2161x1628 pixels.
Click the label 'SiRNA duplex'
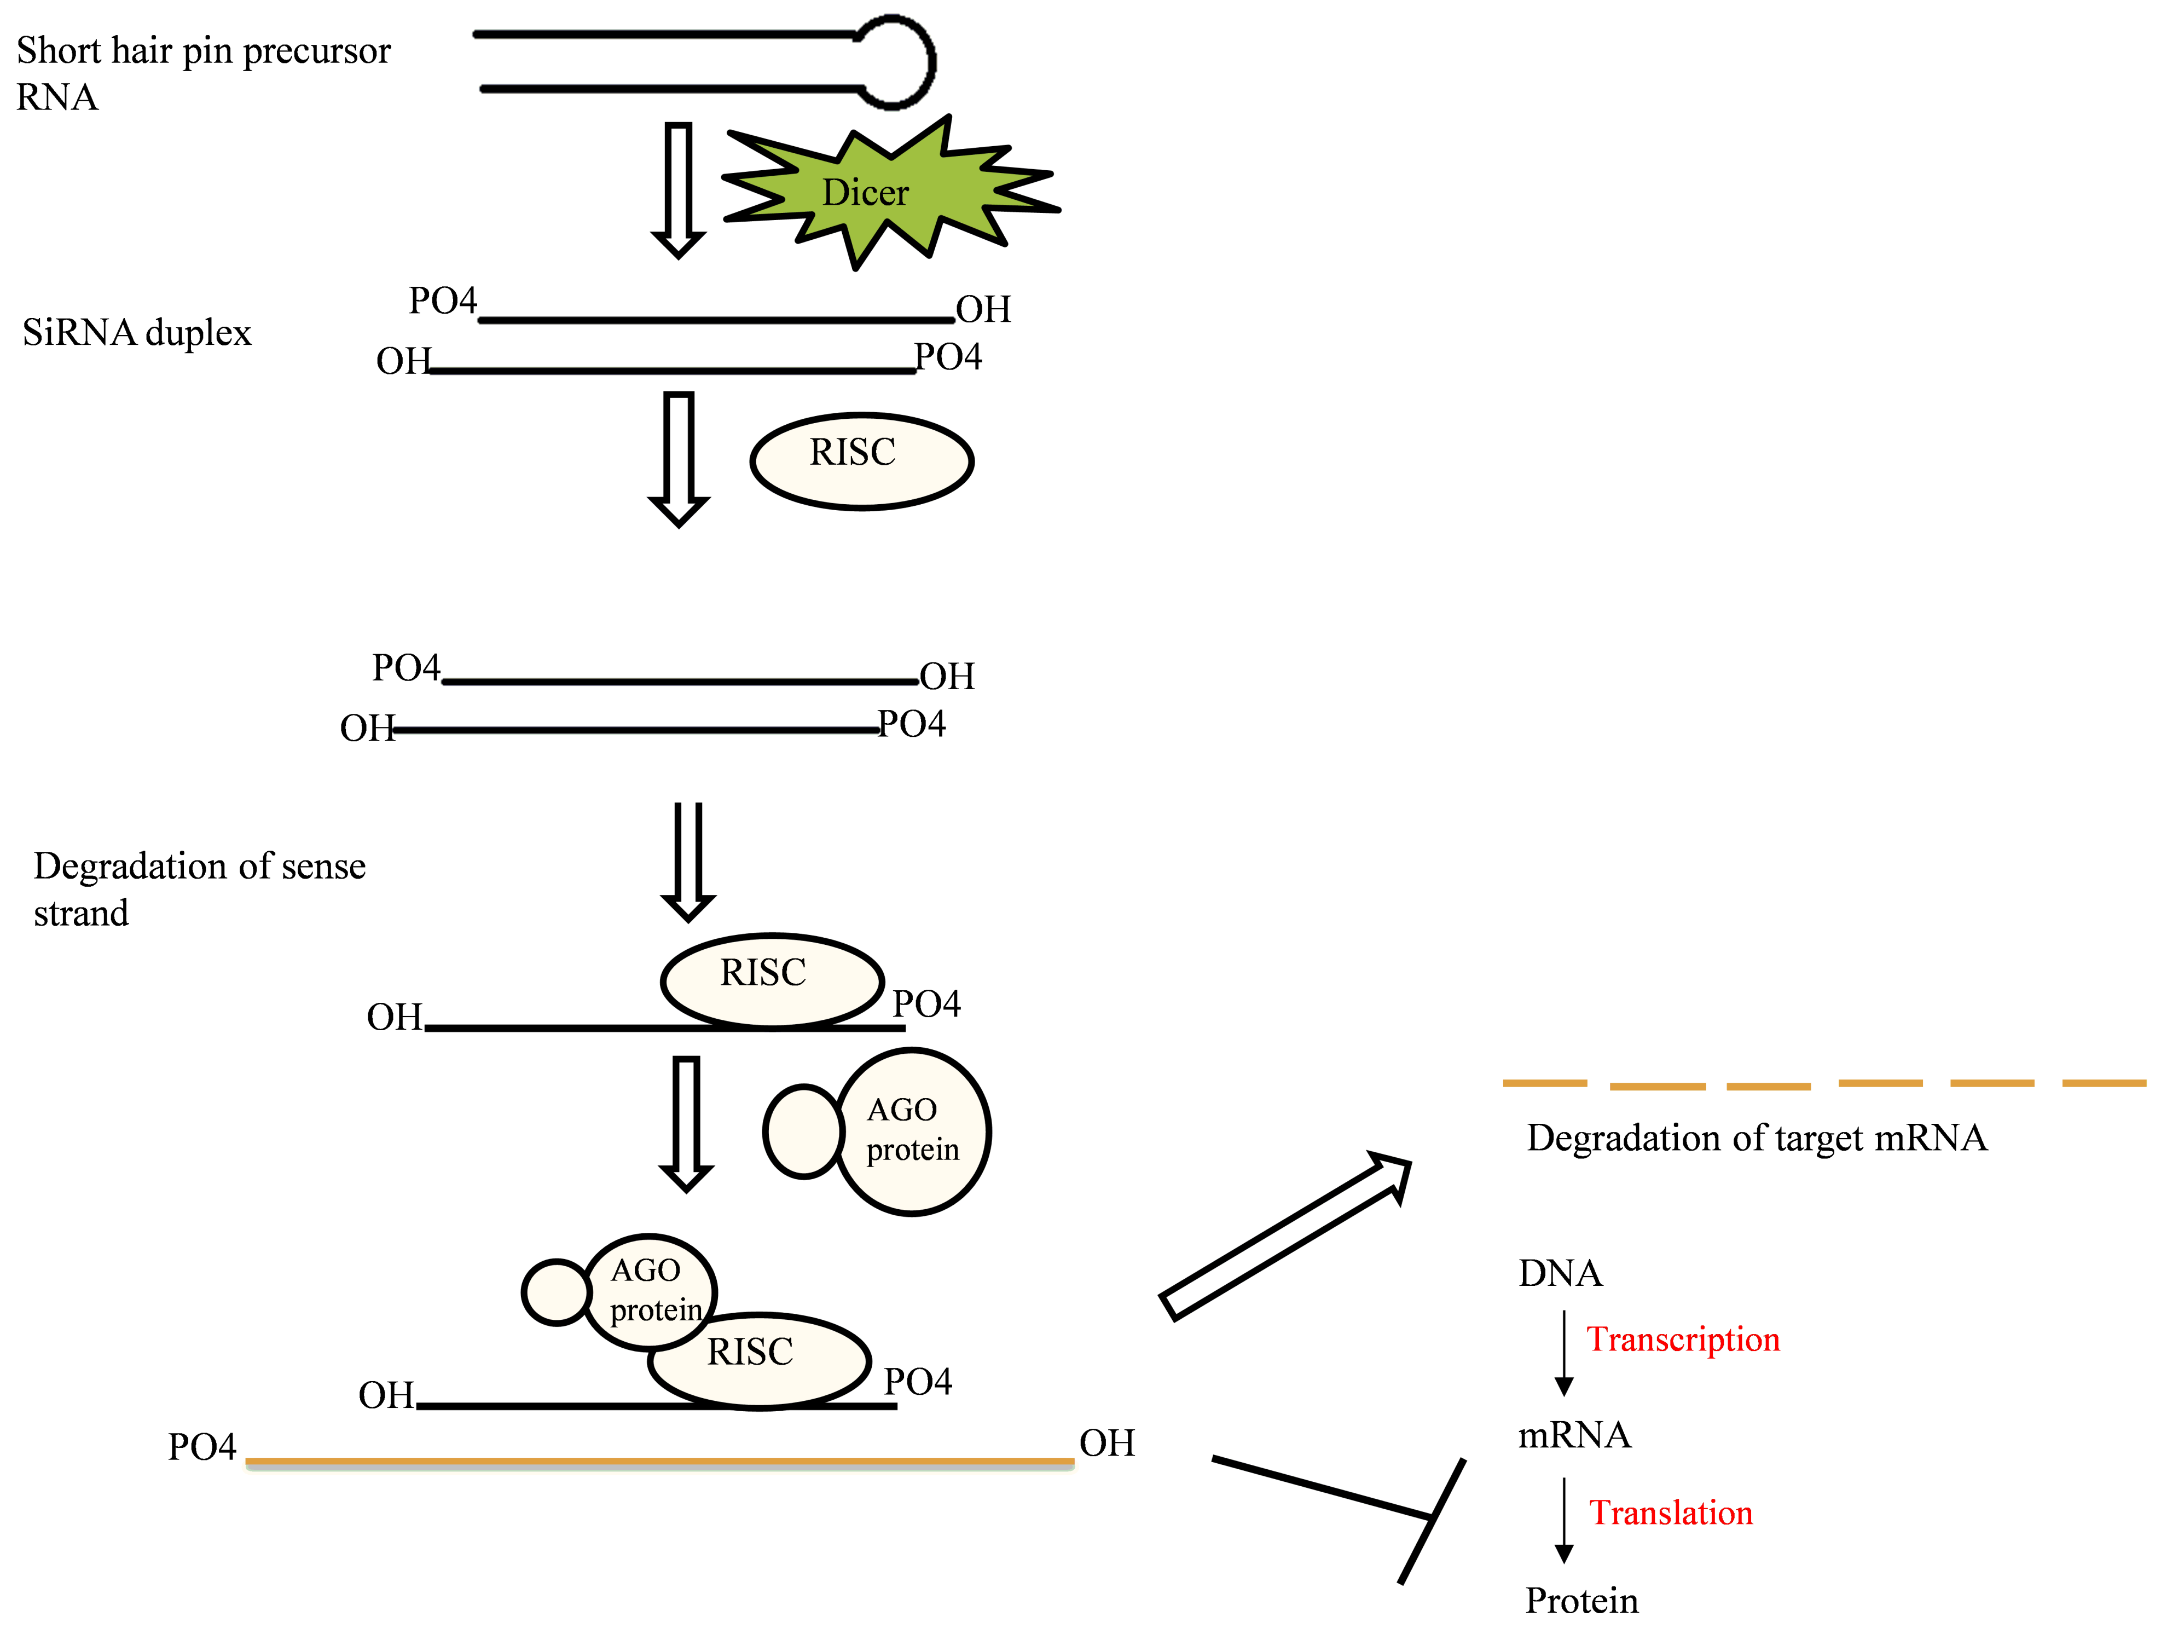pyautogui.click(x=137, y=333)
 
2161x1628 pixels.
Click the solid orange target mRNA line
pyautogui.click(x=659, y=1462)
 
